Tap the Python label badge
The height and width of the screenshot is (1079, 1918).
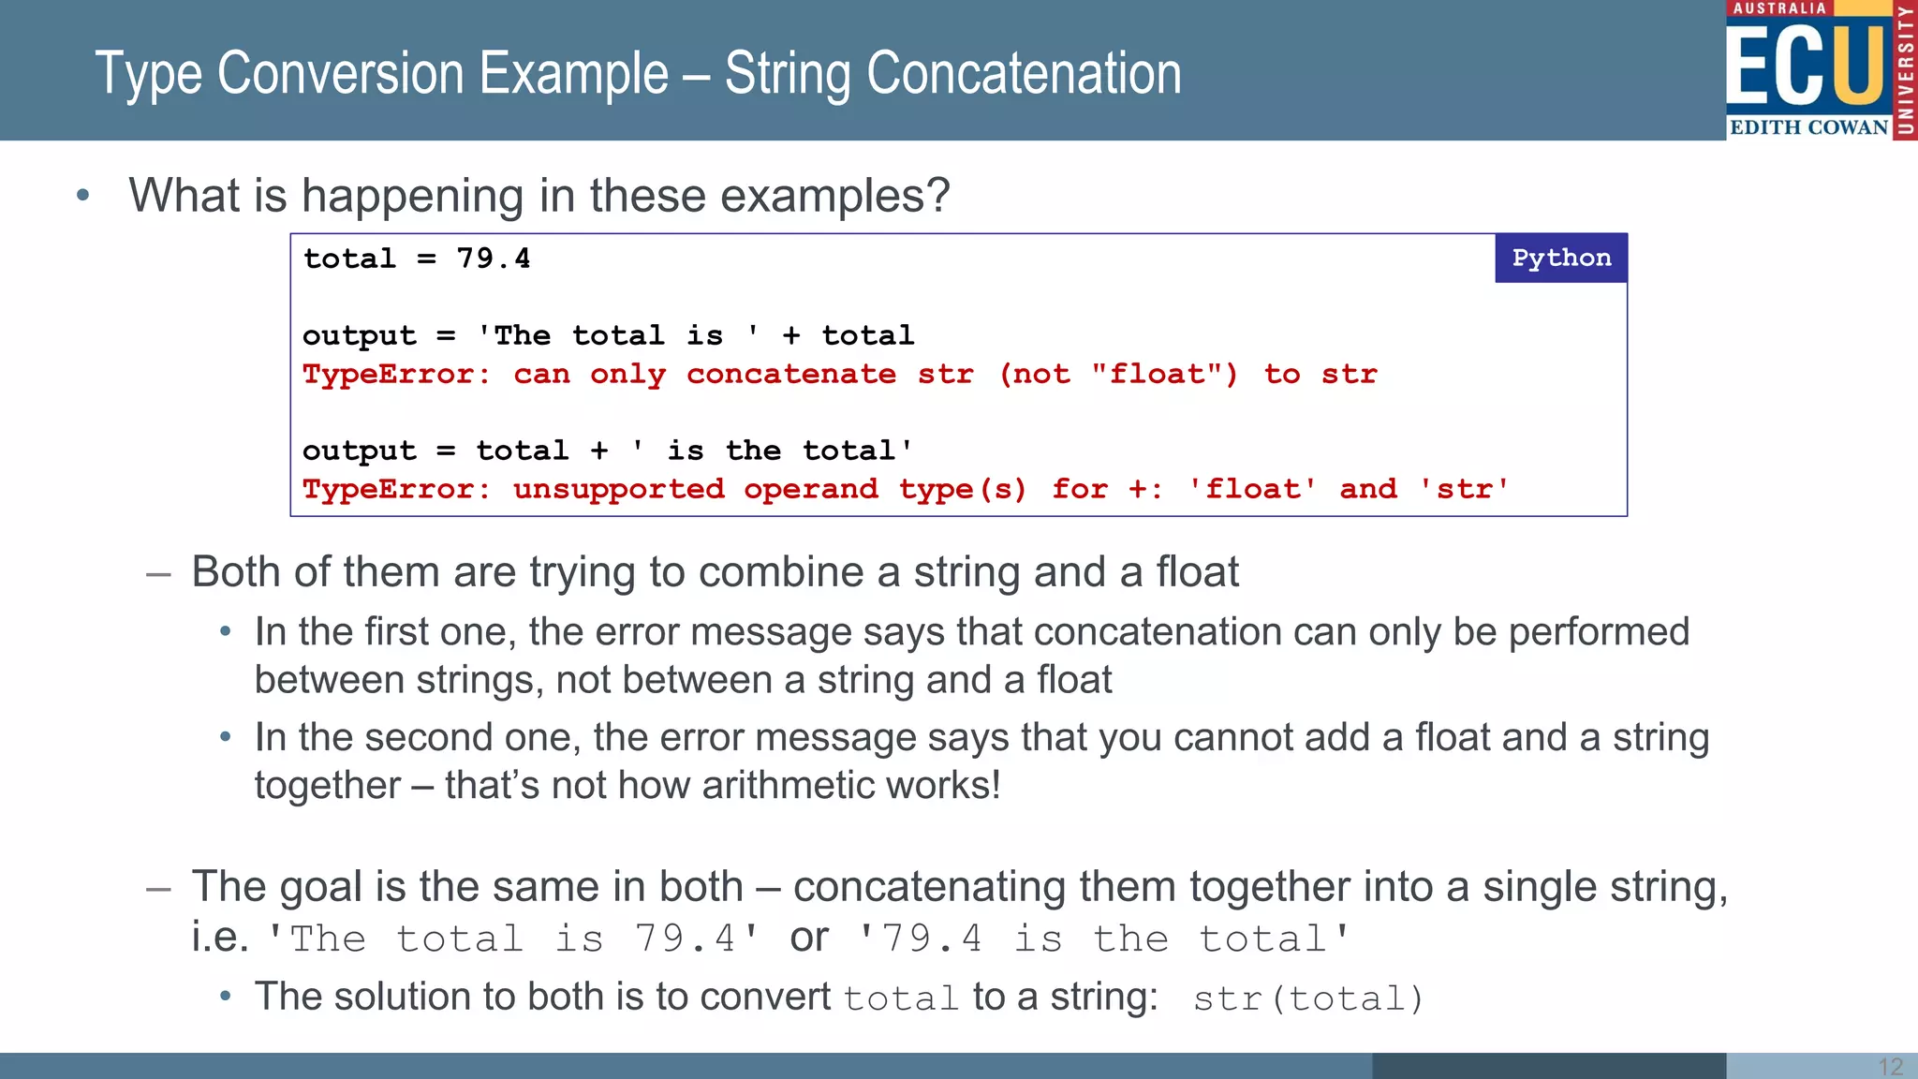1561,258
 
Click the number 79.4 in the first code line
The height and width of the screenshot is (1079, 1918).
493,259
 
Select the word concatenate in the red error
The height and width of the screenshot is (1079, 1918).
790,375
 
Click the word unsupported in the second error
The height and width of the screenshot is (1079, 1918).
618,489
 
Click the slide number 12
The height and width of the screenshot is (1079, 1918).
1890,1066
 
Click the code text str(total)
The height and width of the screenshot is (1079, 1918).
1307,998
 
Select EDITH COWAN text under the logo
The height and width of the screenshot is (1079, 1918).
1808,127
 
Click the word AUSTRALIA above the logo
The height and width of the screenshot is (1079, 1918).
1779,8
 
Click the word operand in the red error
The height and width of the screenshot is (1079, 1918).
810,489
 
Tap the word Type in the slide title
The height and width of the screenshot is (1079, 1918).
149,75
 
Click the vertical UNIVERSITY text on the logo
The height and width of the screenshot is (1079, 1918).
1906,70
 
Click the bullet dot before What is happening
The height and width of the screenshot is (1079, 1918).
83,196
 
